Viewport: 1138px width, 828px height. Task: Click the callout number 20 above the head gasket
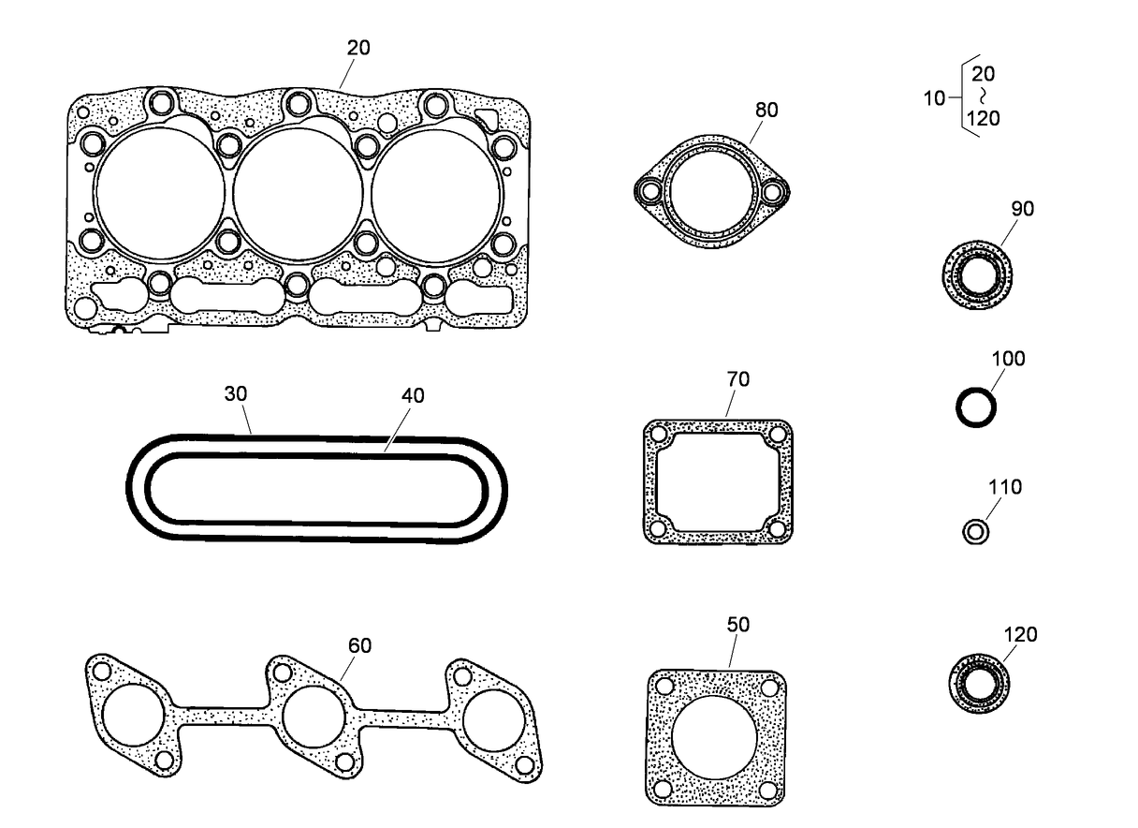pos(358,48)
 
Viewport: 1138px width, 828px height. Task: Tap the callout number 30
pos(235,394)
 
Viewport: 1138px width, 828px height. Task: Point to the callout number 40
pos(412,396)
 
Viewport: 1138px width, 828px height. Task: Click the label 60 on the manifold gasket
pos(359,645)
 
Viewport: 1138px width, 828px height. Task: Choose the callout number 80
pos(766,110)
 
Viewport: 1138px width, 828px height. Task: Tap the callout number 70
pos(737,379)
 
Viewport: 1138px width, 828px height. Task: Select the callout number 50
pos(737,625)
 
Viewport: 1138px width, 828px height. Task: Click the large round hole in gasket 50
pos(715,736)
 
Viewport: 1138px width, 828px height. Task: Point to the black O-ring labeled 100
pos(975,408)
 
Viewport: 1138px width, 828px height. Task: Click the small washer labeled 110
pos(974,532)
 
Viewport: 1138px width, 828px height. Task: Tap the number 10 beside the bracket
pos(934,97)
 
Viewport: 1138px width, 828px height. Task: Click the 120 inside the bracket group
pos(984,119)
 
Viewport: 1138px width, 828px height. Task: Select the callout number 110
pos(1005,488)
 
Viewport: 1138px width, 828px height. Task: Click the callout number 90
pos(1022,209)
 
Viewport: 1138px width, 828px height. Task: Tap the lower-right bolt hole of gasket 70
pos(777,527)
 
